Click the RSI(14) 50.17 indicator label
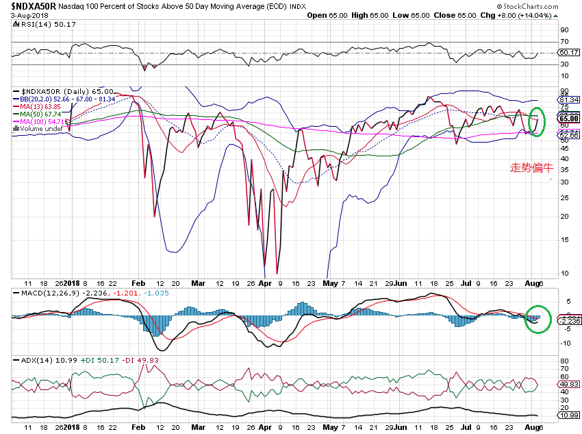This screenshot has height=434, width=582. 40,24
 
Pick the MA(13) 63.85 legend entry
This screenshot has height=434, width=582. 43,106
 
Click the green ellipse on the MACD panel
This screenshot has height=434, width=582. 538,319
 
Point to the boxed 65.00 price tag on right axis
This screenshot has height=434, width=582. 570,119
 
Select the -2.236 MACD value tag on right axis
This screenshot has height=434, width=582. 570,320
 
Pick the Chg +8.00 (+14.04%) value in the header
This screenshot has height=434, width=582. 531,14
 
